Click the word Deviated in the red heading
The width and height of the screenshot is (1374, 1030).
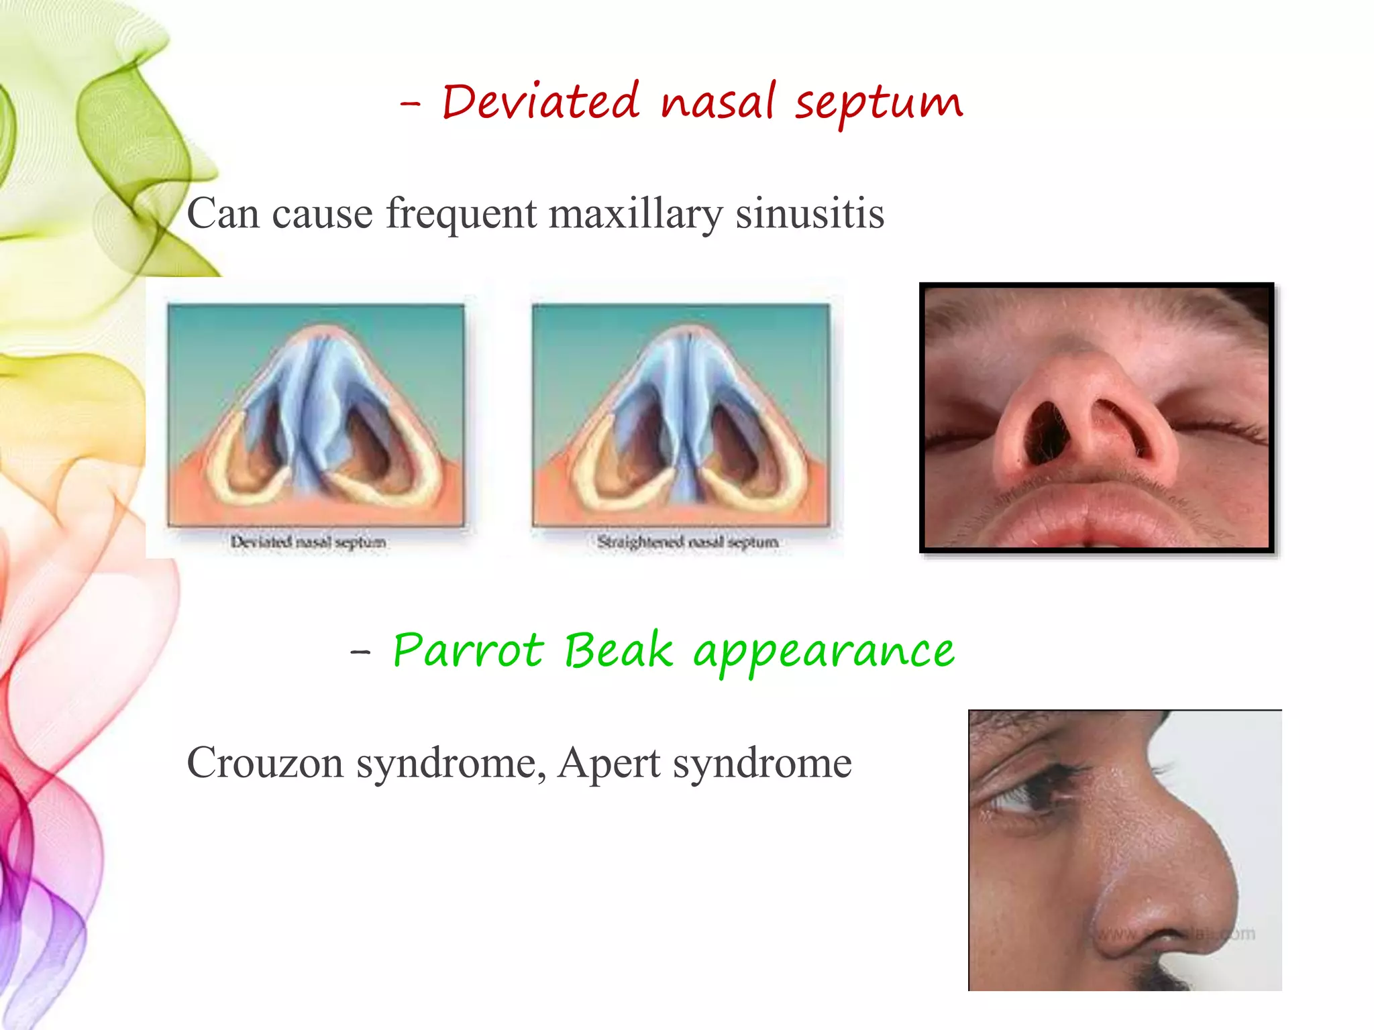click(540, 102)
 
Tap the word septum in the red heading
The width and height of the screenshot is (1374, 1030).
click(879, 105)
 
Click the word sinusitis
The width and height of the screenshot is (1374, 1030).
click(810, 214)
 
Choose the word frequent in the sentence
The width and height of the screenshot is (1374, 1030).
click(461, 214)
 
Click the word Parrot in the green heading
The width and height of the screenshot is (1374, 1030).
click(468, 650)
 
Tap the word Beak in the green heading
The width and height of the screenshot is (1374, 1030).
click(618, 650)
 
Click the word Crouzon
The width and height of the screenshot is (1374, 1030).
click(264, 763)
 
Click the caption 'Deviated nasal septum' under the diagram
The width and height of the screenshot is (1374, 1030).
click(308, 542)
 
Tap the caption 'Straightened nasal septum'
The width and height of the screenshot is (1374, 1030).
click(688, 542)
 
